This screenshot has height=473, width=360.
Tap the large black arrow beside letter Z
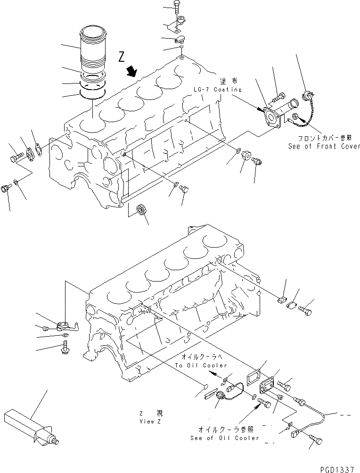click(131, 72)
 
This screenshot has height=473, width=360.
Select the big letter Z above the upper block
click(122, 58)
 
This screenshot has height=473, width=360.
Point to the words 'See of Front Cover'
click(324, 147)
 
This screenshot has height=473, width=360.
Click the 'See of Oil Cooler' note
click(225, 438)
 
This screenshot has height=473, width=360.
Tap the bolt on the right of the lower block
click(305, 311)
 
